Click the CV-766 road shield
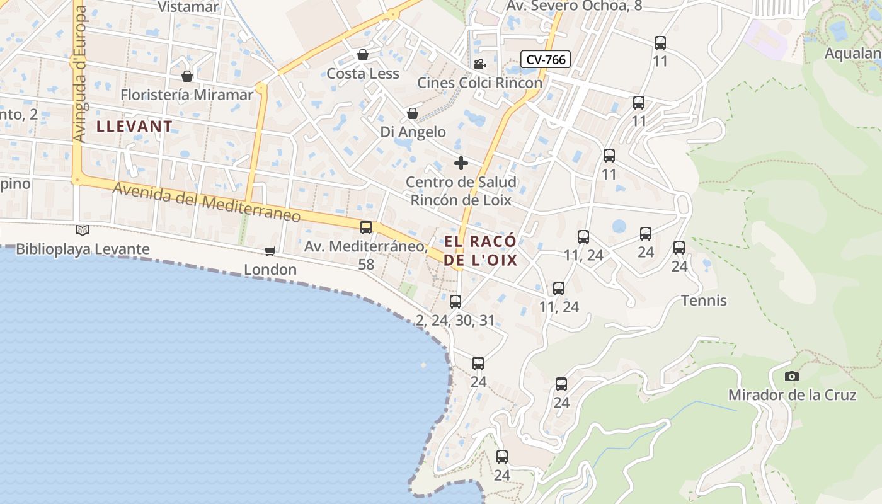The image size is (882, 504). (x=546, y=60)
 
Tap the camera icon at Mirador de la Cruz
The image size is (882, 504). (x=792, y=377)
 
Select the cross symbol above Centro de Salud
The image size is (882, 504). (x=461, y=163)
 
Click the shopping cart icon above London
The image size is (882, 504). (x=270, y=251)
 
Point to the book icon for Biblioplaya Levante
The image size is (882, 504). (x=83, y=230)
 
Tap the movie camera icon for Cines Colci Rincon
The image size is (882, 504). (x=480, y=64)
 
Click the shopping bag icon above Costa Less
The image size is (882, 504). (x=363, y=55)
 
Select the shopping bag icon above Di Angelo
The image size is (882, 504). (x=413, y=113)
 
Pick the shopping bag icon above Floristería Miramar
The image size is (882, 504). (x=187, y=76)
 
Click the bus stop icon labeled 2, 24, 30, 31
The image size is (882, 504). (x=455, y=301)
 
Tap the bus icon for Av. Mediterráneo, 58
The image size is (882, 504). (x=366, y=227)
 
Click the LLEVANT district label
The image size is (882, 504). (x=134, y=126)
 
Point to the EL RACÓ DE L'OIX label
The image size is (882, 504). (x=481, y=251)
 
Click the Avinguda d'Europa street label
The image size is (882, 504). (x=79, y=72)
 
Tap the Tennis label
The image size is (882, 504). (x=704, y=301)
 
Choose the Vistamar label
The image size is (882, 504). (x=188, y=7)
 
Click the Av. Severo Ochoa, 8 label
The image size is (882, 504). (x=574, y=6)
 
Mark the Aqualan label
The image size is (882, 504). (x=853, y=54)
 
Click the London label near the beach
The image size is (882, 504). (x=270, y=270)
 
